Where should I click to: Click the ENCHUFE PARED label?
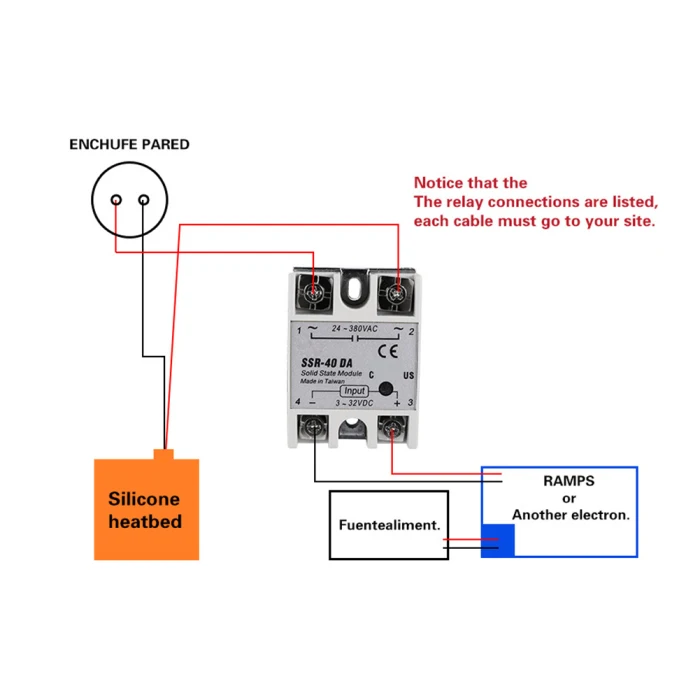[129, 144]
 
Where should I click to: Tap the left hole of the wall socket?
[116, 200]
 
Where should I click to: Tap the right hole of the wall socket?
[143, 200]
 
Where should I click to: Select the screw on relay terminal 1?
[313, 292]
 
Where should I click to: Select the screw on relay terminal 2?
[396, 293]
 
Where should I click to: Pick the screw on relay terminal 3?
[393, 428]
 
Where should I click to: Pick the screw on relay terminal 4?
[313, 428]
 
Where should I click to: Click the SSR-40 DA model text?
[327, 363]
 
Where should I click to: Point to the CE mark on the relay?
[388, 352]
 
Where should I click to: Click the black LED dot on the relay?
[386, 389]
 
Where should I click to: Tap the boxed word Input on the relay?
[354, 391]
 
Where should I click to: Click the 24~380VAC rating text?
[354, 329]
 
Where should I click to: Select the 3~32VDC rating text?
[354, 403]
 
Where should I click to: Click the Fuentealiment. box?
[389, 525]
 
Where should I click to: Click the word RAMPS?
[569, 481]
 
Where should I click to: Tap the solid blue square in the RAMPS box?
[498, 541]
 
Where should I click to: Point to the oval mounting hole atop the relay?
[354, 288]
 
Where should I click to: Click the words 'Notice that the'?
[471, 183]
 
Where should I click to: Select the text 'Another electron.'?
[571, 515]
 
